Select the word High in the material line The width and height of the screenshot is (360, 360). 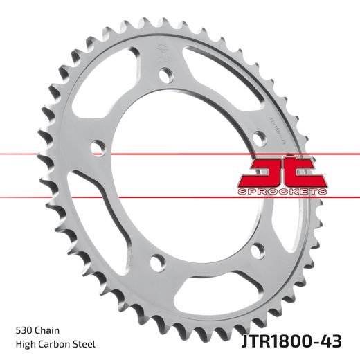click(24, 343)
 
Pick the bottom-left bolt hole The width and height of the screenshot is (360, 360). click(159, 262)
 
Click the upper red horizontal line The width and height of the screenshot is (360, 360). click(69, 153)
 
